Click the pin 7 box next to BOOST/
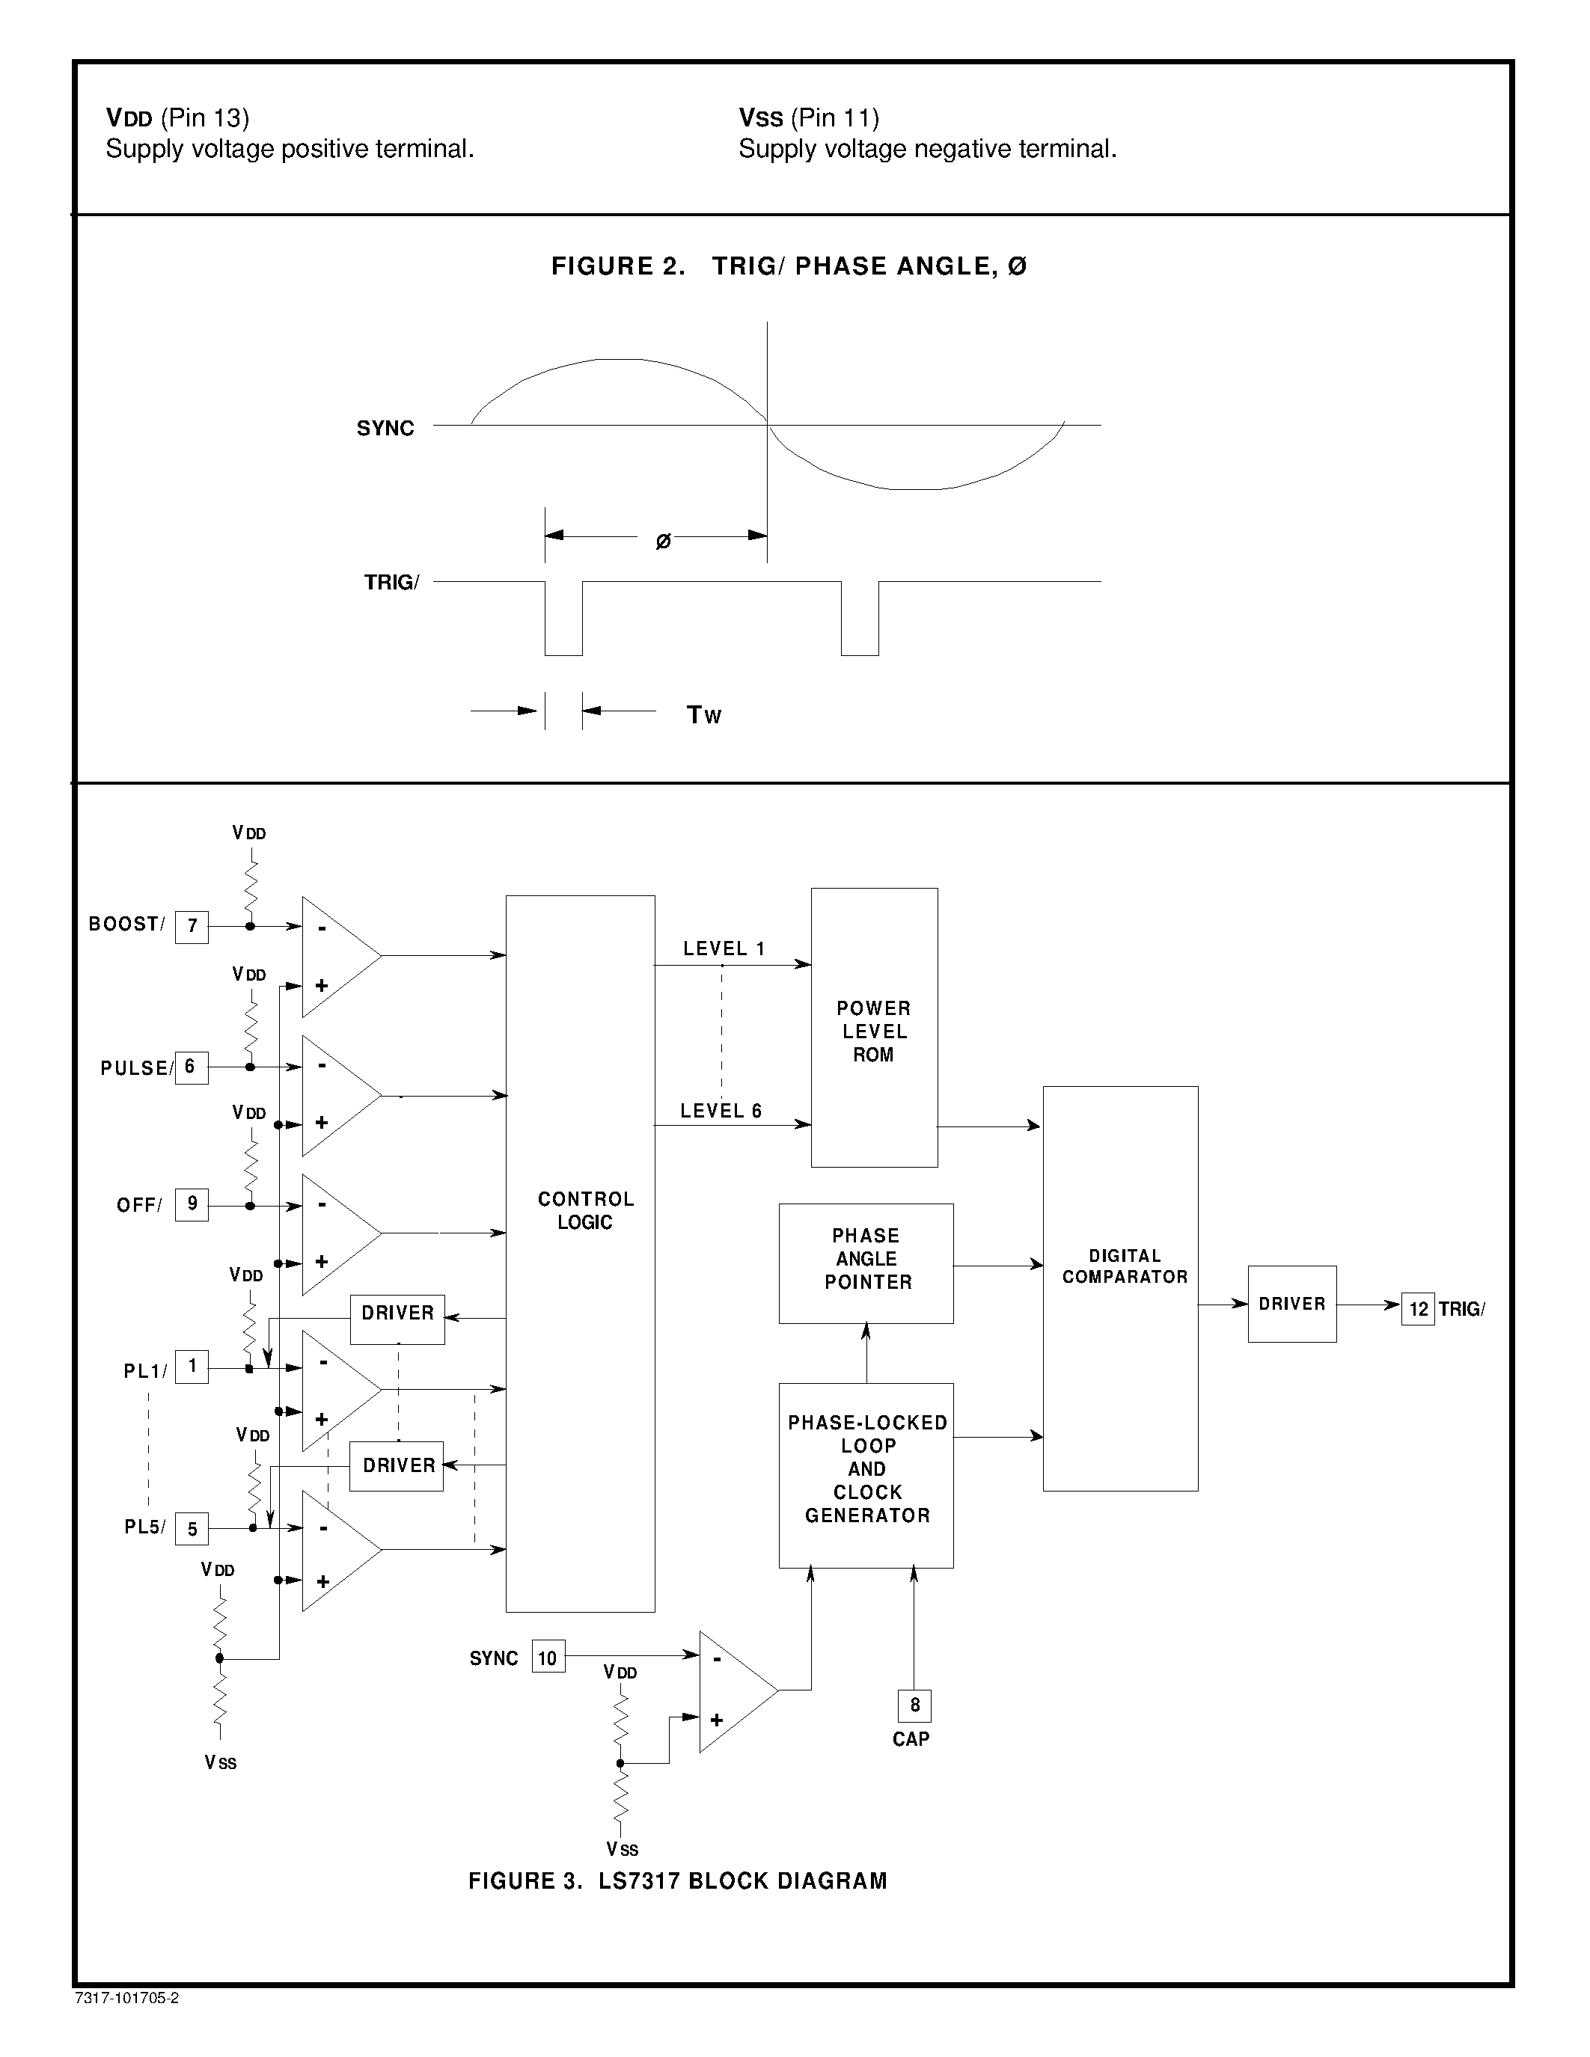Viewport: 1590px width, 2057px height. (192, 926)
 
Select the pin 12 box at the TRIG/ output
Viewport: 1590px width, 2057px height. (1418, 1309)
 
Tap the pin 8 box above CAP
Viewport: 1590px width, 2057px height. (914, 1705)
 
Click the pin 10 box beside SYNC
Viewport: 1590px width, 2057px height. (548, 1658)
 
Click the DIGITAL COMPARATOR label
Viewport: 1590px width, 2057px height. (1125, 1267)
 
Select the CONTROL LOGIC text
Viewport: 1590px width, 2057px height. (585, 1210)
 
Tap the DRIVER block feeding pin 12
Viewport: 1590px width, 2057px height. (1291, 1305)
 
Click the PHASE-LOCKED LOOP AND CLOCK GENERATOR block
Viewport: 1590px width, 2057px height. (866, 1475)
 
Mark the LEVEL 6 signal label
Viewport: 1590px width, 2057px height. (721, 1112)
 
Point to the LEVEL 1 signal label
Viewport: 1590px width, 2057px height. (724, 949)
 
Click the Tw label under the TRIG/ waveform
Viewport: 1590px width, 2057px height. (703, 716)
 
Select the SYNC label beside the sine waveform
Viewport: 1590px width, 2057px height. (385, 429)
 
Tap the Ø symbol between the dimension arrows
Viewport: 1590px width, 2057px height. (663, 542)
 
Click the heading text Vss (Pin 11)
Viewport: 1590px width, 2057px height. (808, 117)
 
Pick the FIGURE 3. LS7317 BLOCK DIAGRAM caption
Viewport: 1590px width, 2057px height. (677, 1881)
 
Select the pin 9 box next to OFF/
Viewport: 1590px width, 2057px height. (192, 1204)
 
